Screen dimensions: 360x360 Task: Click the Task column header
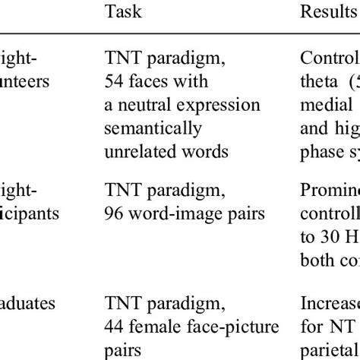click(123, 12)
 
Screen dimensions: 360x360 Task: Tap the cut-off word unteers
click(25, 81)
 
